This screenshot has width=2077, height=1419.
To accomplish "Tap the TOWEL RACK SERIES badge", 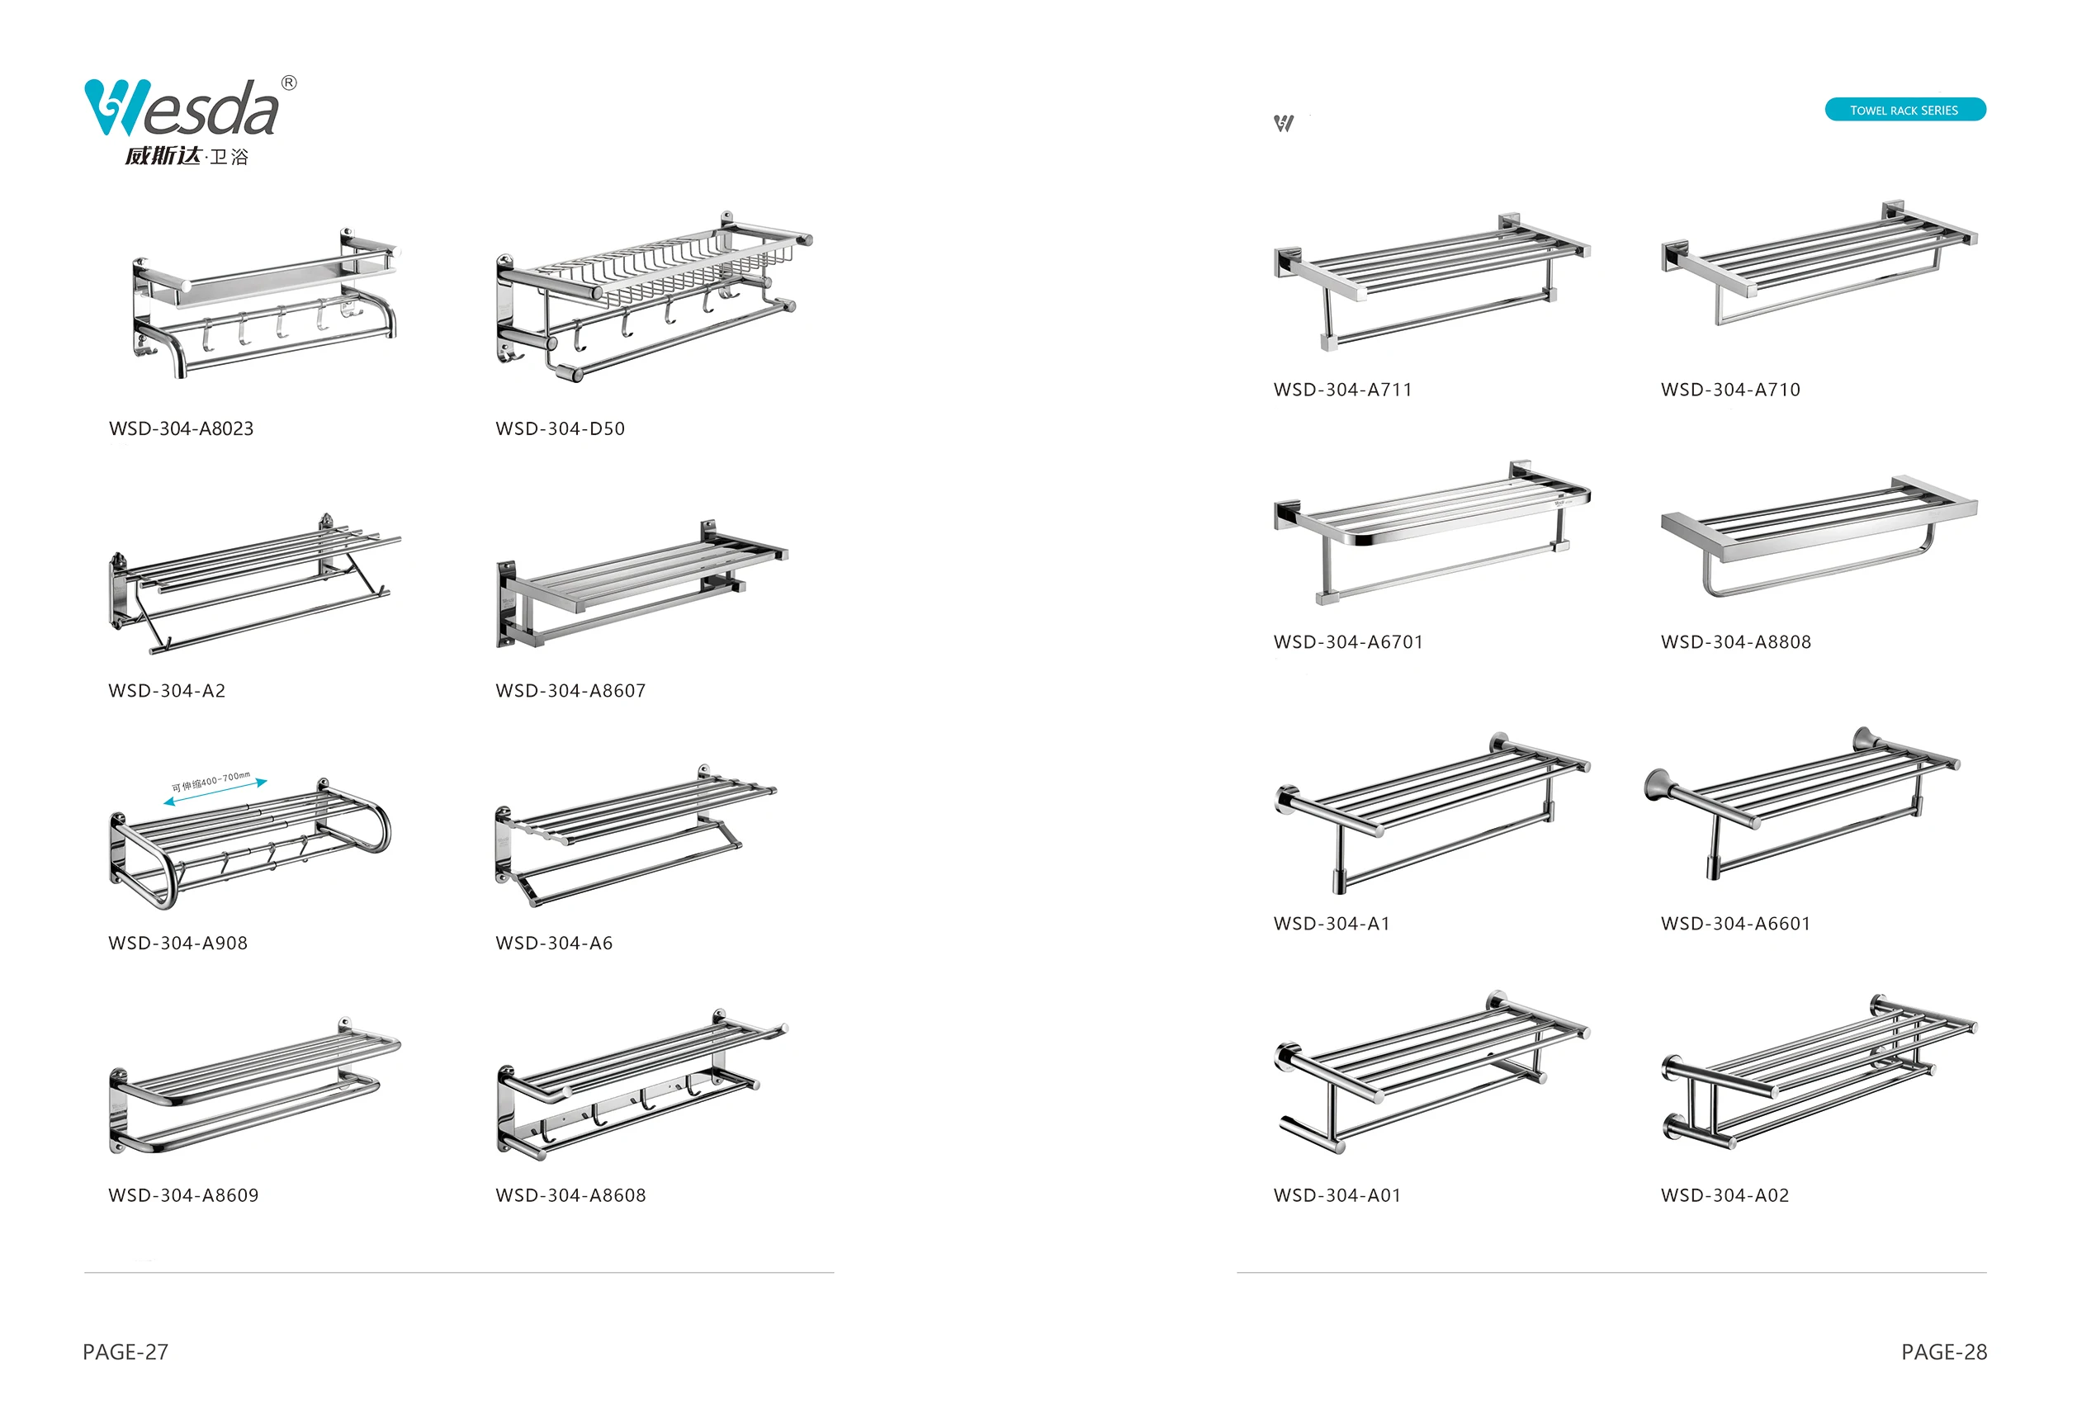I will pos(1904,110).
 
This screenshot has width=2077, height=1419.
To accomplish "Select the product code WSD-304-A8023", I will pos(182,429).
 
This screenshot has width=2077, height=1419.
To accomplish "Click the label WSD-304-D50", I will pos(561,429).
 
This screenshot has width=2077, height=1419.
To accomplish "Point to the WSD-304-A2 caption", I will pos(167,691).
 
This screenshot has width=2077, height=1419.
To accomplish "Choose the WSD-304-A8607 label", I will pos(570,691).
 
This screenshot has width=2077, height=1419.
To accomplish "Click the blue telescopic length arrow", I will pos(215,792).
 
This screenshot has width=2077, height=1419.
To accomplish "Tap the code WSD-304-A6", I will pos(554,943).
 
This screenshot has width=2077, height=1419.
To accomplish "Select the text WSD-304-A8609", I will pos(183,1195).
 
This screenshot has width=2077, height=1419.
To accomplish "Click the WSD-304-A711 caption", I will pos(1342,390).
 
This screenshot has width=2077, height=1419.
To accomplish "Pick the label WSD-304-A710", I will pos(1730,390).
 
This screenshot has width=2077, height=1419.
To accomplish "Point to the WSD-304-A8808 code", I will pos(1735,641).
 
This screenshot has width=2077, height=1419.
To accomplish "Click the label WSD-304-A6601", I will pos(1735,924).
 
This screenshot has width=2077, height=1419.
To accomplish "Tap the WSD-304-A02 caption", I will pos(1725,1195).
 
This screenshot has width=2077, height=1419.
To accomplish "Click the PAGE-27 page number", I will pos(125,1352).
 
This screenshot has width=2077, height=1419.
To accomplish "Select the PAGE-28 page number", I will pos(1944,1352).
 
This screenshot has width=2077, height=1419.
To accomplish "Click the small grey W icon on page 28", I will pos(1284,123).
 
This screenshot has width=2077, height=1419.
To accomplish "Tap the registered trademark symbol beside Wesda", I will pos(289,83).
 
